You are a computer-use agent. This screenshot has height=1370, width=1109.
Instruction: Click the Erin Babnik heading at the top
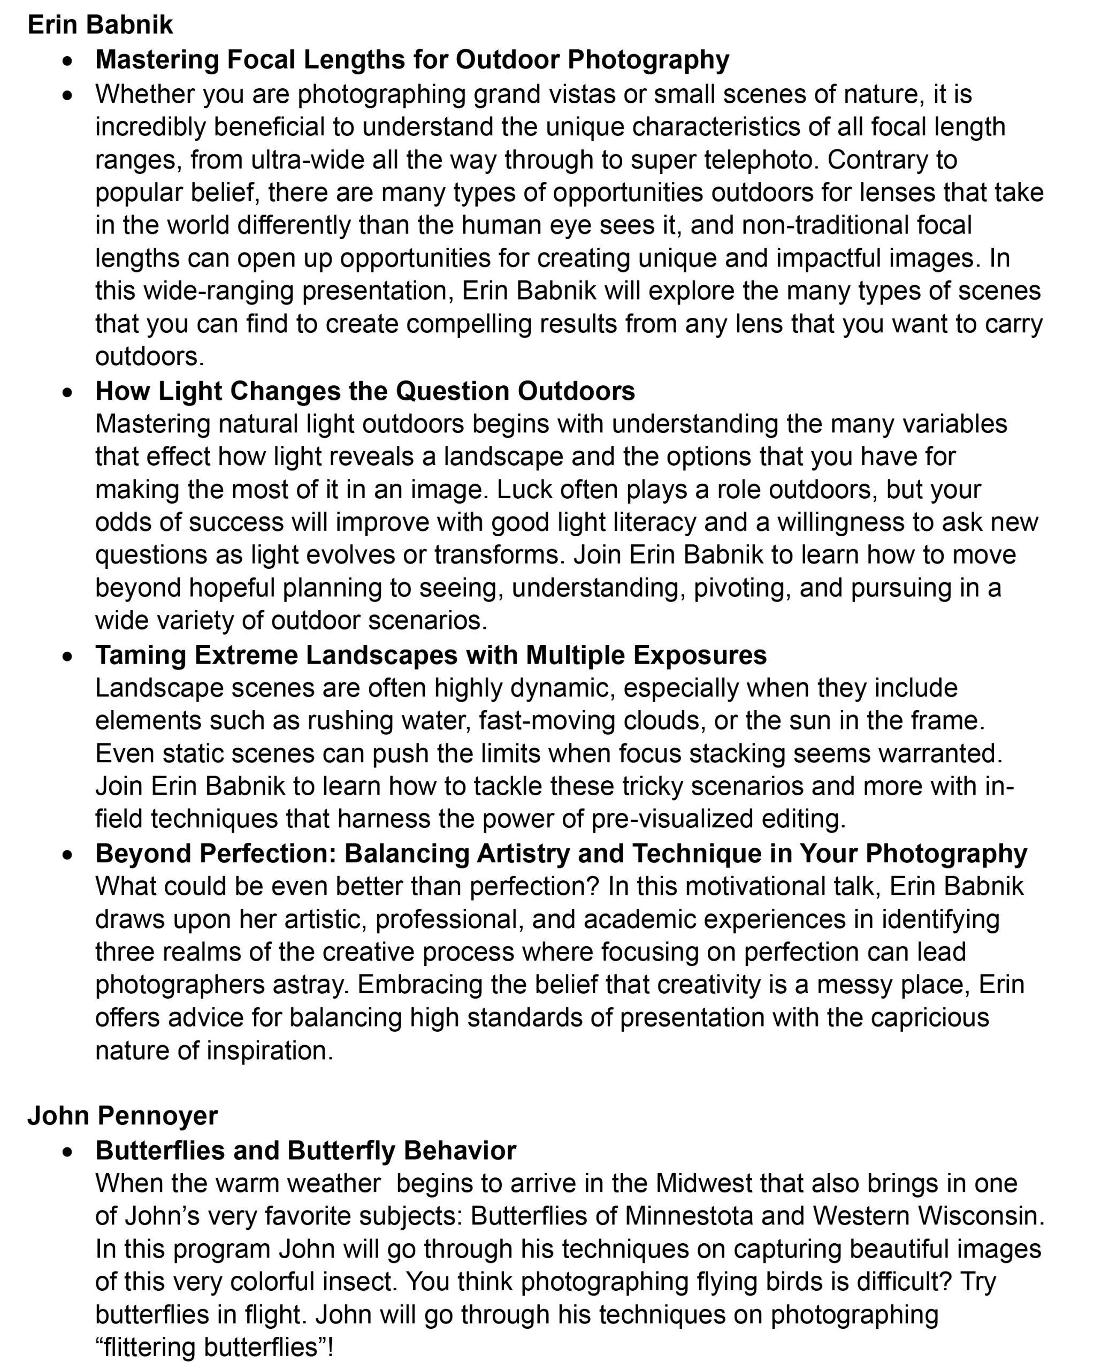(100, 25)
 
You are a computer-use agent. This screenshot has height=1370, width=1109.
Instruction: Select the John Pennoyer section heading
(123, 1116)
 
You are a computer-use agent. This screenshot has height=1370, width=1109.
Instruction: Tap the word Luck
(523, 490)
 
